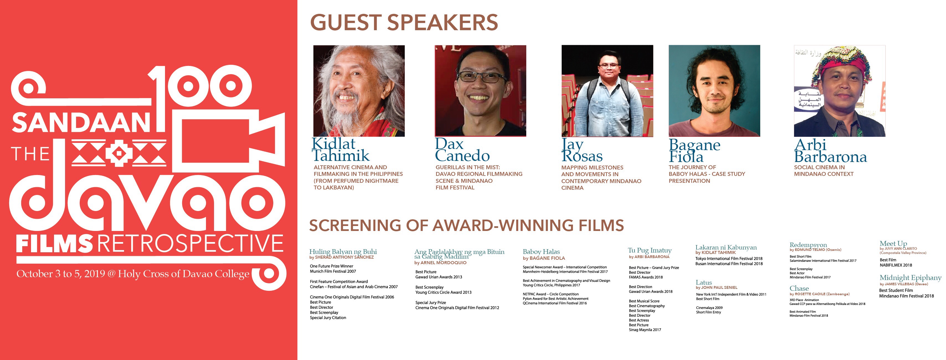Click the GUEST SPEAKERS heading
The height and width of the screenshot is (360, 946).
point(404,22)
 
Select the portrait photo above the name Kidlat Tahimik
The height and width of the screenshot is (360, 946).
point(359,91)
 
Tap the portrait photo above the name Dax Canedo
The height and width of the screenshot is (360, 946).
point(480,91)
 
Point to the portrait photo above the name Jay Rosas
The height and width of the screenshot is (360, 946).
point(607,91)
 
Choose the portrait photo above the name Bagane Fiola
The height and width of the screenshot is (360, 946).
point(714,91)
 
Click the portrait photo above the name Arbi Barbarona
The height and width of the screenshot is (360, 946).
point(839,91)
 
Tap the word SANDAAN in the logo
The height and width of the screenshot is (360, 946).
point(81,123)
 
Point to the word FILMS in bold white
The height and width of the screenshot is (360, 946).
point(54,243)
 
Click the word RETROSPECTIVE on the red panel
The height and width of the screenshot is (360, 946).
point(190,243)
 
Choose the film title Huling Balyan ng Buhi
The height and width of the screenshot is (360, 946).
point(343,252)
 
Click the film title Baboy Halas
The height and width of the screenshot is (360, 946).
point(541,252)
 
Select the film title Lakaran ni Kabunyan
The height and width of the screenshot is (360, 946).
point(726,247)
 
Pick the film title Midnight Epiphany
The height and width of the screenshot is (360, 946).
point(910,278)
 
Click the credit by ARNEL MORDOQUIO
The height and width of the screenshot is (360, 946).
point(440,263)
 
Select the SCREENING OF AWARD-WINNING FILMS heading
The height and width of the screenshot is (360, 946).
point(466,225)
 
